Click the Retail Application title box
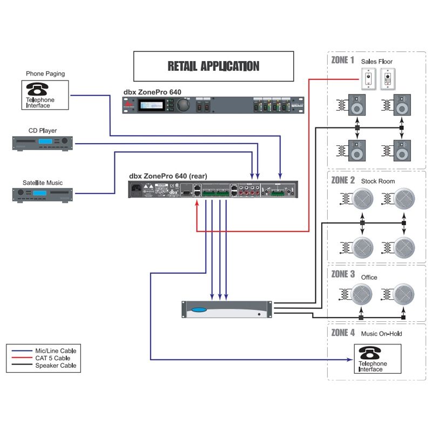[x=213, y=66]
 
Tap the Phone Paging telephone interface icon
[x=46, y=94]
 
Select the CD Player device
[x=43, y=142]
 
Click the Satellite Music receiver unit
[x=43, y=194]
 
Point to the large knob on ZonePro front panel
[x=184, y=104]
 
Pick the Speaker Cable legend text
[x=56, y=366]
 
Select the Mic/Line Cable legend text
[x=56, y=350]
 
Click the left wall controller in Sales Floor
[x=368, y=79]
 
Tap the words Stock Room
[x=378, y=181]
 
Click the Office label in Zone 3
[x=369, y=278]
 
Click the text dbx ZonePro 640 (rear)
[x=167, y=176]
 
